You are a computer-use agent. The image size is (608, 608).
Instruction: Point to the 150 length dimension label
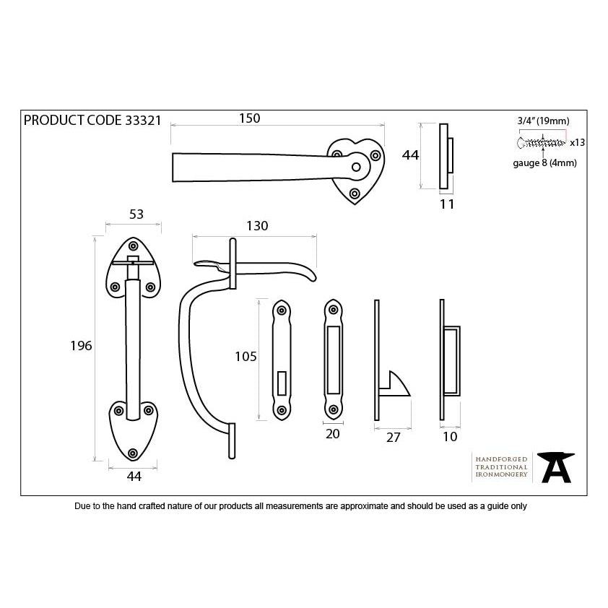click(248, 118)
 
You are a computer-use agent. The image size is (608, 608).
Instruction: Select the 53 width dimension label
click(136, 214)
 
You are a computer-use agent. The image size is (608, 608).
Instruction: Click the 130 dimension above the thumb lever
click(256, 226)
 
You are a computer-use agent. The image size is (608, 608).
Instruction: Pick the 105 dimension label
click(246, 356)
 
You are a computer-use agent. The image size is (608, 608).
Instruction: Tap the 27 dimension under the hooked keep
click(393, 437)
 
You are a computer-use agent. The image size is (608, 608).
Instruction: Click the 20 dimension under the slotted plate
click(333, 434)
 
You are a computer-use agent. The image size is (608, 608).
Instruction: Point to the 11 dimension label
click(447, 204)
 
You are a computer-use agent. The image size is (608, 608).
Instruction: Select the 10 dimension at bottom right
click(450, 437)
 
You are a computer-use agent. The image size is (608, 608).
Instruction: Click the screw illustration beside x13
click(542, 142)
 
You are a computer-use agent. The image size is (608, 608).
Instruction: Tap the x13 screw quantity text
click(577, 143)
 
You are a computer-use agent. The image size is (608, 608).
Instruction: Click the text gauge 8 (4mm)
click(544, 163)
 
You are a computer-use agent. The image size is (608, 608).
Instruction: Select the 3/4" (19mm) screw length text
click(543, 121)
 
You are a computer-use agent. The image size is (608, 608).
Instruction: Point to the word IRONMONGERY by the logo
click(501, 477)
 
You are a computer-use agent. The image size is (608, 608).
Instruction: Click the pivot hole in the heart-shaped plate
click(355, 168)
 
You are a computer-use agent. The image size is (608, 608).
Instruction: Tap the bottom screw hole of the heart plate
click(355, 194)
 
